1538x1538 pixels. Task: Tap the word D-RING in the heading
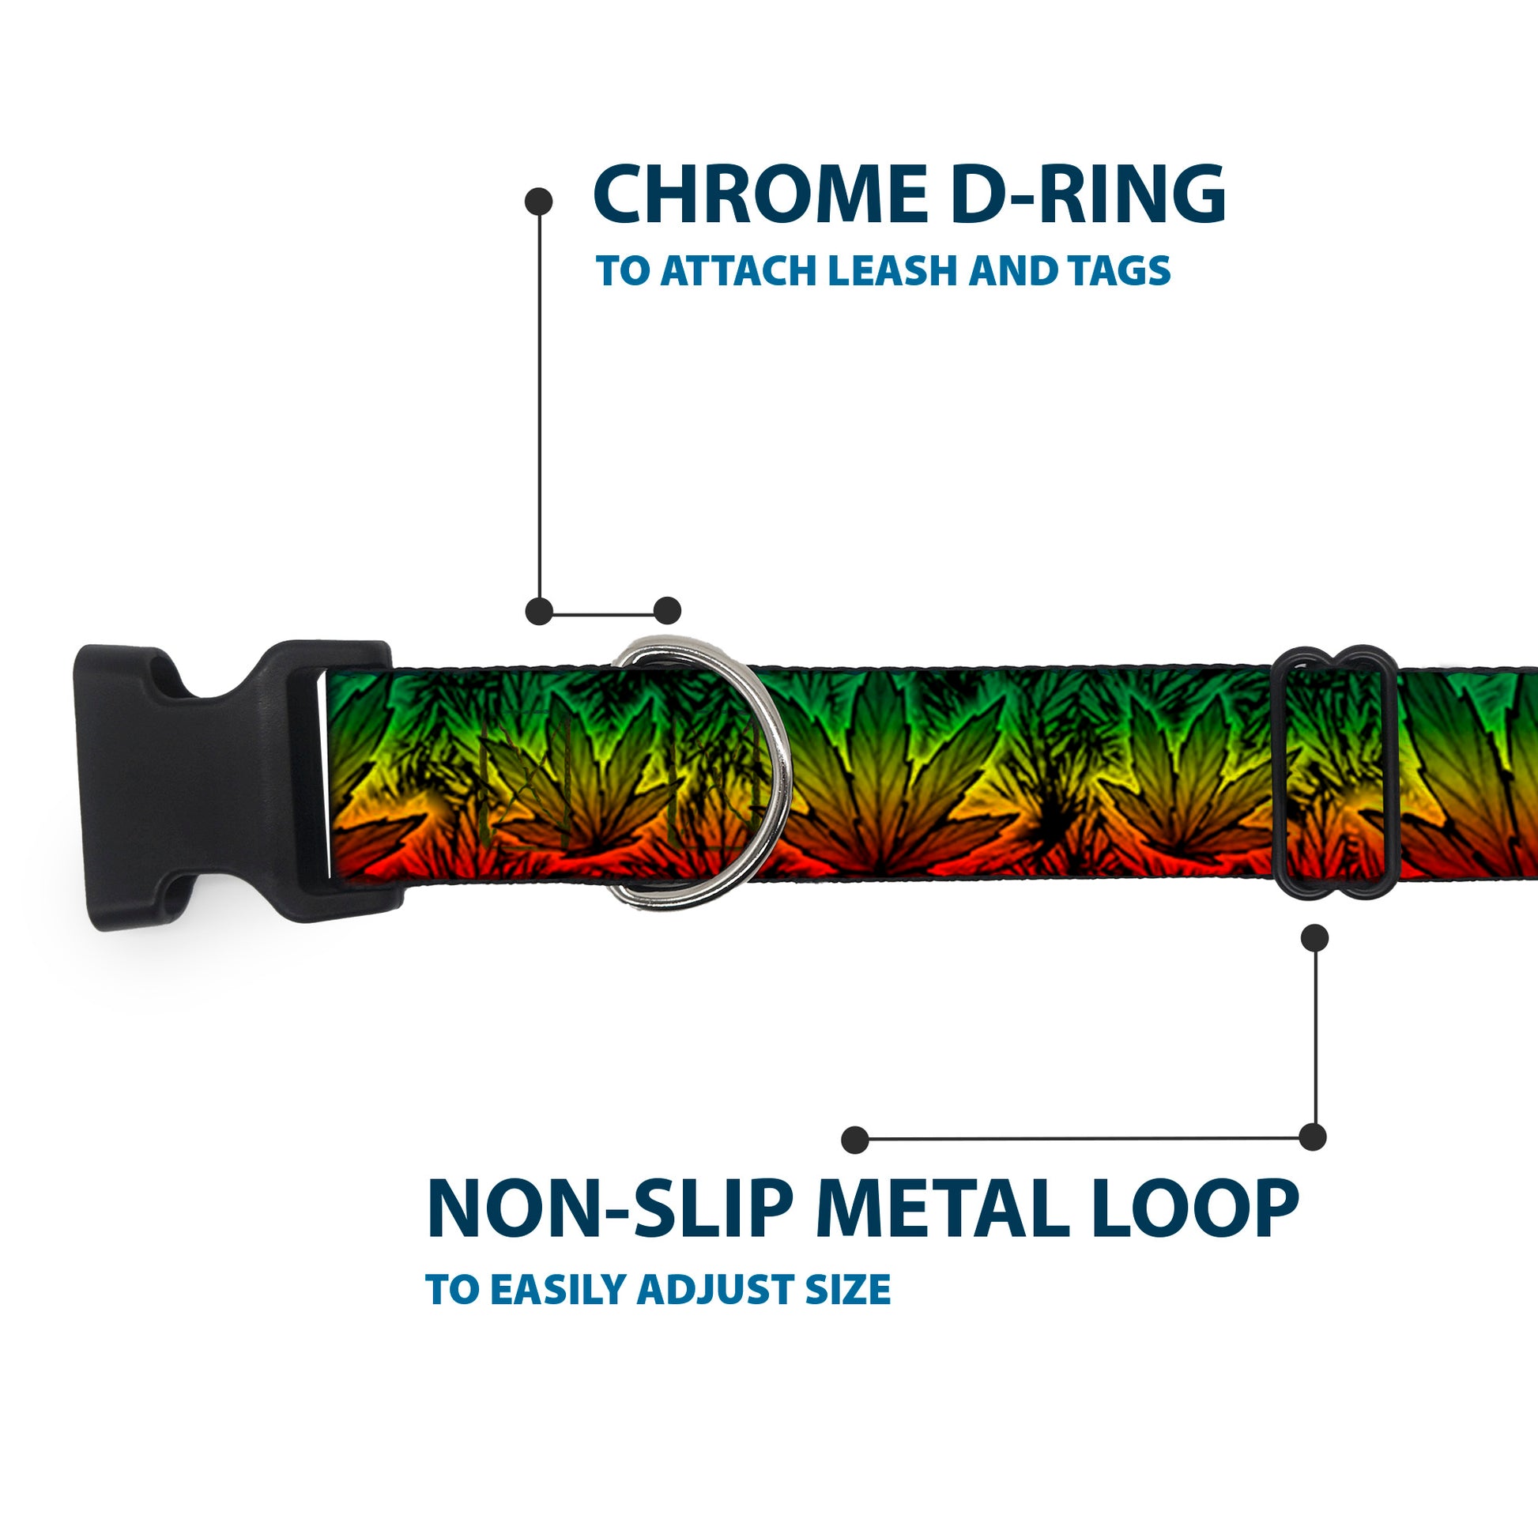pos(1088,194)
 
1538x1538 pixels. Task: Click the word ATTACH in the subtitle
pos(740,271)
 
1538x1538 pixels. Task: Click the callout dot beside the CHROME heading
pos(539,202)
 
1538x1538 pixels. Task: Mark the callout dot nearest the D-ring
pos(667,611)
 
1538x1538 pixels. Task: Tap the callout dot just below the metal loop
pos(1314,938)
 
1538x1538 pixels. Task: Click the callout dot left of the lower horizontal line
pos(855,1140)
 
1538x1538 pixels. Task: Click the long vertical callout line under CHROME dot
pos(540,406)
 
